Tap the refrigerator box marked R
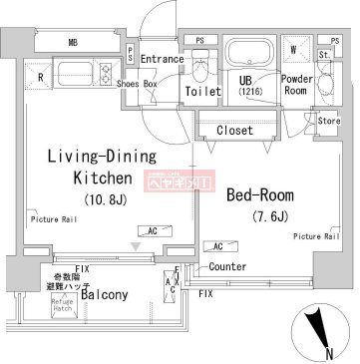pyautogui.click(x=40, y=75)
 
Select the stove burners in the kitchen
pyautogui.click(x=105, y=73)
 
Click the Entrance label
pyautogui.click(x=163, y=59)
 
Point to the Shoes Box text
pyautogui.click(x=137, y=84)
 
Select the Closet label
pyautogui.click(x=234, y=130)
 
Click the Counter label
pyautogui.click(x=228, y=267)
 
